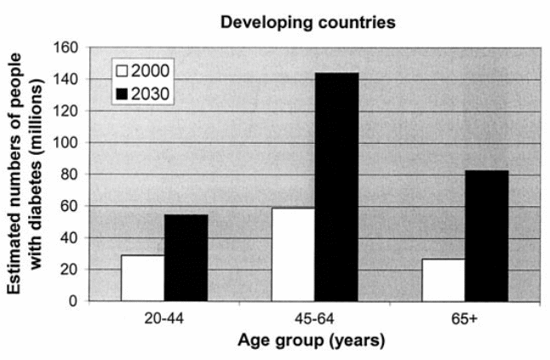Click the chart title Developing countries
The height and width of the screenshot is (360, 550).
307,23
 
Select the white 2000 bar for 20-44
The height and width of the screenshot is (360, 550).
142,277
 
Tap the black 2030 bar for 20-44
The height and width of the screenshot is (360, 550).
186,257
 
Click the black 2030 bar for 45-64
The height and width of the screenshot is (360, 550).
337,186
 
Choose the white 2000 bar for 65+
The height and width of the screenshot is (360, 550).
444,279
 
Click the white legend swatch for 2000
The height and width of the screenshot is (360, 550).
125,71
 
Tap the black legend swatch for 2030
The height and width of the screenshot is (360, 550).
125,92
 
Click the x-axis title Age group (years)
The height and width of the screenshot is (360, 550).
314,341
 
